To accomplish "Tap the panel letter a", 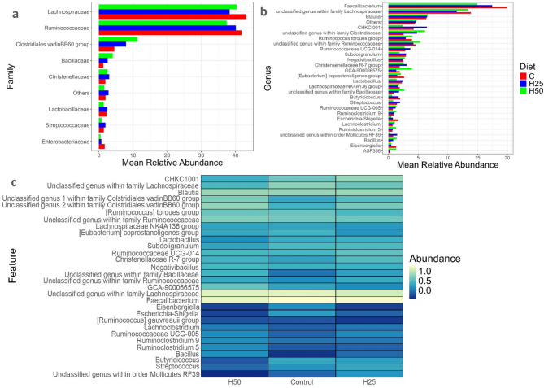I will click(x=7, y=7).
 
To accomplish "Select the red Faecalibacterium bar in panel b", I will click(x=447, y=7).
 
